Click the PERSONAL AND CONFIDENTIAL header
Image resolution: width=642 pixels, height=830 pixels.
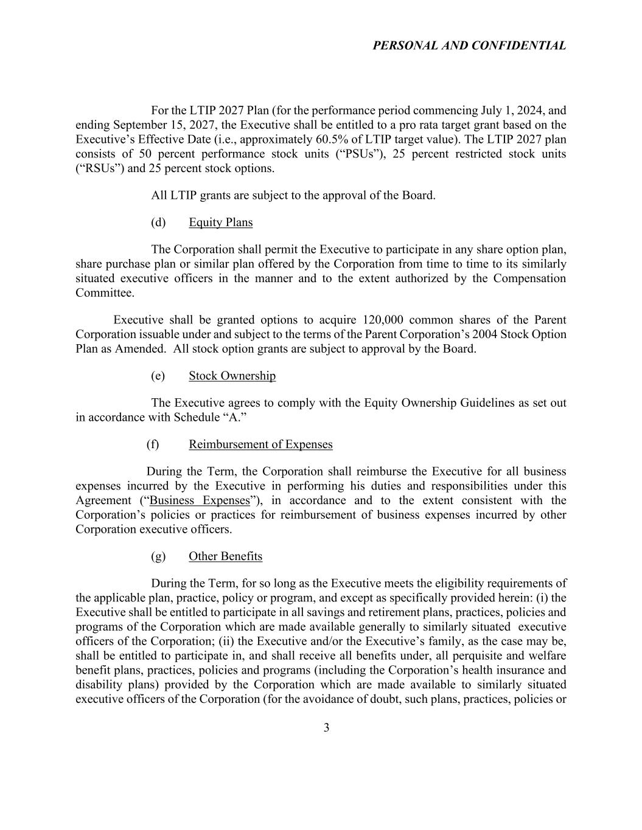coord(469,46)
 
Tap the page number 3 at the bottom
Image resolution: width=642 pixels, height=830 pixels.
coord(326,728)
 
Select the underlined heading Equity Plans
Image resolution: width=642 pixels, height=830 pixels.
coord(220,223)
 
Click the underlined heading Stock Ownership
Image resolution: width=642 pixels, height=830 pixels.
coord(232,376)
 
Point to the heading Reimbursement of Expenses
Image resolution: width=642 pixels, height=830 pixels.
coord(260,444)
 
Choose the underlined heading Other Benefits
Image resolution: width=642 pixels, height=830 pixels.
coord(225,556)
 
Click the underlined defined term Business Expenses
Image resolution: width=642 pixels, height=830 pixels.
coord(200,500)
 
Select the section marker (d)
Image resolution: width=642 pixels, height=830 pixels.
coord(158,223)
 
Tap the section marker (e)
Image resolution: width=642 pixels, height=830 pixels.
coord(158,376)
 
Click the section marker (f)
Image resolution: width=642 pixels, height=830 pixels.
coord(153,444)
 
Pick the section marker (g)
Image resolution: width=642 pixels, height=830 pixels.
coord(158,556)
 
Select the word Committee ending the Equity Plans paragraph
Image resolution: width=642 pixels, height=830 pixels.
coord(104,293)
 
